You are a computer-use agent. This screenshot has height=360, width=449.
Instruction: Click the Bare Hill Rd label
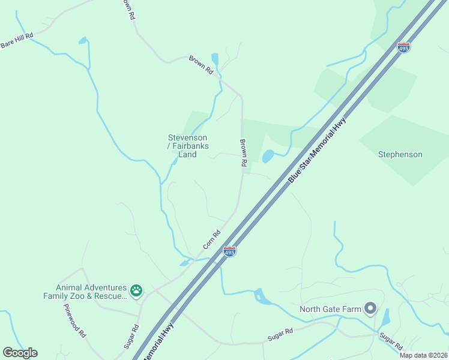click(x=17, y=41)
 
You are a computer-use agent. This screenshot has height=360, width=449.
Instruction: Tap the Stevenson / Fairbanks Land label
click(x=187, y=146)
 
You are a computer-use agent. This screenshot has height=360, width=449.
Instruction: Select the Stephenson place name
click(x=400, y=154)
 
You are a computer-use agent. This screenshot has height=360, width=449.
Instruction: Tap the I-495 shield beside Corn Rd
click(x=229, y=251)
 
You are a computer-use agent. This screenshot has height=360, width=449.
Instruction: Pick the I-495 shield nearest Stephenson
click(x=403, y=47)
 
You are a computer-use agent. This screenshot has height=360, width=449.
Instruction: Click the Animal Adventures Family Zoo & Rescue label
click(x=85, y=292)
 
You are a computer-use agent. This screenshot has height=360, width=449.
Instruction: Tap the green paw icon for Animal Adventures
click(x=137, y=291)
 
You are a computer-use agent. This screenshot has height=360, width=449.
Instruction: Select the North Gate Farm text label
click(x=330, y=310)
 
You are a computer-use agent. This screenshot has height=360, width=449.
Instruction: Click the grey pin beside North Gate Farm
click(x=370, y=309)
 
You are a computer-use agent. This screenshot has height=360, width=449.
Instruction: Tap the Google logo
click(x=20, y=352)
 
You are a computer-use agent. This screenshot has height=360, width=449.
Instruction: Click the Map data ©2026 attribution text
click(x=424, y=355)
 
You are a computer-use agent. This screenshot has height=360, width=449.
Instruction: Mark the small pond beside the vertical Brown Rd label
click(x=268, y=156)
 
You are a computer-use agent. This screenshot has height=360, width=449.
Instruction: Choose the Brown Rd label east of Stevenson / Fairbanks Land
click(x=244, y=153)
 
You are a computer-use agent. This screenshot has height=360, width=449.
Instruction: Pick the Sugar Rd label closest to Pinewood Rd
click(x=131, y=337)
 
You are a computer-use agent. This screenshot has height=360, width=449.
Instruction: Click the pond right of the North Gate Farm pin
click(x=385, y=317)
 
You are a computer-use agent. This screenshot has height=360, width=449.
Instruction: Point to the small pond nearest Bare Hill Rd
click(x=82, y=41)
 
